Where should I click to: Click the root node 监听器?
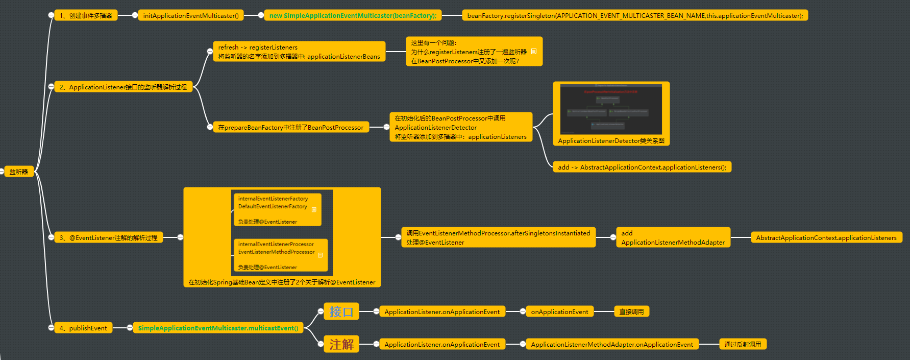(x=18, y=172)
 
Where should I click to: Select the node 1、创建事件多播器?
(x=86, y=16)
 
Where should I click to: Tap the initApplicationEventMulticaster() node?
(x=190, y=16)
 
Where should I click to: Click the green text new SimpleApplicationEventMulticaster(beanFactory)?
(x=353, y=16)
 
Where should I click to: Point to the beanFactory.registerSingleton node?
(x=634, y=16)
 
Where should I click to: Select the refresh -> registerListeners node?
(x=299, y=52)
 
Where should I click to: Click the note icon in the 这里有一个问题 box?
(x=534, y=52)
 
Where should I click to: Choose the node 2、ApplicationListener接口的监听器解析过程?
(x=123, y=87)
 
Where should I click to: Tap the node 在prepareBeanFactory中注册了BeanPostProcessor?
(x=290, y=128)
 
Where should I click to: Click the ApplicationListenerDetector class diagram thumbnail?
(x=611, y=110)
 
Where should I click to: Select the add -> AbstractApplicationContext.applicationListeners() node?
(x=642, y=167)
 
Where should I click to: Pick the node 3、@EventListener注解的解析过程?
(x=108, y=237)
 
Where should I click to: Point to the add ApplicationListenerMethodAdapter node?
(x=673, y=237)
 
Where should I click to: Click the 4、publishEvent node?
(x=83, y=328)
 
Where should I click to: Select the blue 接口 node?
(x=341, y=311)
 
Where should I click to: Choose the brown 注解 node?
(x=341, y=344)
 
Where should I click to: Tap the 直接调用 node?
(x=631, y=311)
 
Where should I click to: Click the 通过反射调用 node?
(x=742, y=344)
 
